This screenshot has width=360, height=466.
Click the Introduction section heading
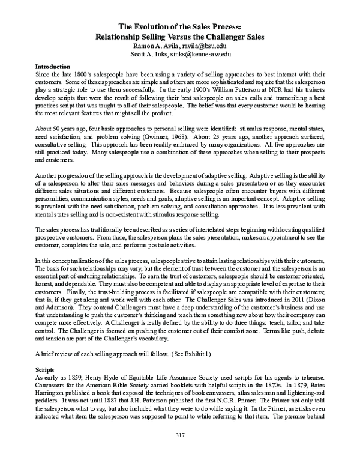pos(52,66)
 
